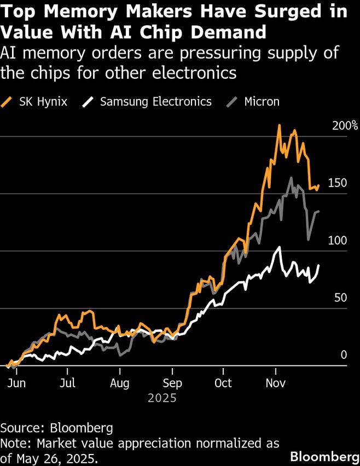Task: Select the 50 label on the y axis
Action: click(x=340, y=298)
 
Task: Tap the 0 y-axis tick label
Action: click(x=344, y=355)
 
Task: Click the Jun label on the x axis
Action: click(x=16, y=383)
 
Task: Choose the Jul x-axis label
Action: click(x=67, y=383)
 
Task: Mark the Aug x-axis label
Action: click(x=119, y=383)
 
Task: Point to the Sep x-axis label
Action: click(x=172, y=383)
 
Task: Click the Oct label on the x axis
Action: click(x=223, y=383)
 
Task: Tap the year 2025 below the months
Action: click(x=162, y=398)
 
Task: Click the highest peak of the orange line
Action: click(x=279, y=125)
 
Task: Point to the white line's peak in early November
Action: click(x=280, y=247)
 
